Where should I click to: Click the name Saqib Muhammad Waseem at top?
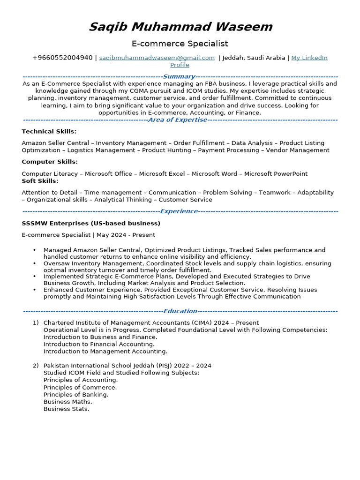pos(180,27)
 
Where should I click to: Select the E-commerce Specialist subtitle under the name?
pos(180,44)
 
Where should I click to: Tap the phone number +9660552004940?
pos(62,58)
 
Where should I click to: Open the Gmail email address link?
pos(157,58)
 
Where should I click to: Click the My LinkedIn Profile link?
pos(309,58)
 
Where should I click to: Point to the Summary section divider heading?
pos(179,76)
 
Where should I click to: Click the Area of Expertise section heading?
pos(177,120)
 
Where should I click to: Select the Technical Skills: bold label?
pos(49,132)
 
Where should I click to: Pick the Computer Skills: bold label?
pos(50,162)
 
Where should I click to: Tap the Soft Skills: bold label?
pos(40,181)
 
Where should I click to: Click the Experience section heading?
pos(179,211)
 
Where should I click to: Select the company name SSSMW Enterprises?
pos(91,223)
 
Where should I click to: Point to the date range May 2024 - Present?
pos(126,235)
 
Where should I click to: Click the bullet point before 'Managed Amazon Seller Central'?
pos(35,250)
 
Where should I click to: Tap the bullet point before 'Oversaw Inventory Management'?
pos(35,263)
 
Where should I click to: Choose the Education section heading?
pos(180,311)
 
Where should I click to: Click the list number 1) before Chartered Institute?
pos(36,323)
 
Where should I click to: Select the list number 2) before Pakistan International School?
pos(36,366)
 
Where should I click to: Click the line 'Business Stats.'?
pos(66,409)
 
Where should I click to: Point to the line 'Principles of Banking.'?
pos(76,395)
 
